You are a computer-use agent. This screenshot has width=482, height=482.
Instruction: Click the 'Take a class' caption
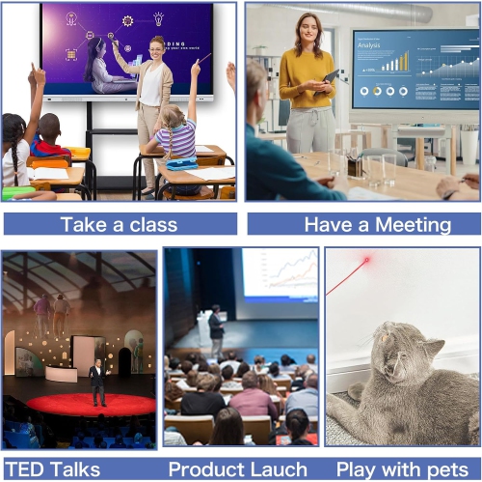119,224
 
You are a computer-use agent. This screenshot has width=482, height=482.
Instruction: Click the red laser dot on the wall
367,260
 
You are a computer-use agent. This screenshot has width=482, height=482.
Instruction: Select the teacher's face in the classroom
157,47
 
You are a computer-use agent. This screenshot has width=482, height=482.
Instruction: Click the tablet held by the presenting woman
331,76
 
